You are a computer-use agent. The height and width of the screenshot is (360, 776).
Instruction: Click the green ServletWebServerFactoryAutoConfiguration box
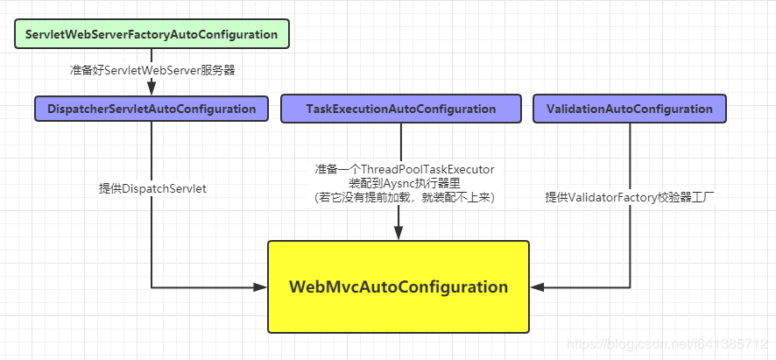(152, 34)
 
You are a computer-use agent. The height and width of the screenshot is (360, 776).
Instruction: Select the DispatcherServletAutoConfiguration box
(152, 109)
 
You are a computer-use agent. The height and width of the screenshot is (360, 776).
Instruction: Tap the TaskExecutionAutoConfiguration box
(401, 109)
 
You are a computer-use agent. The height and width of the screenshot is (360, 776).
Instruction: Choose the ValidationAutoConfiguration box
(629, 109)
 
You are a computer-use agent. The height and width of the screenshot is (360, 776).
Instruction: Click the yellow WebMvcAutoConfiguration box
(399, 286)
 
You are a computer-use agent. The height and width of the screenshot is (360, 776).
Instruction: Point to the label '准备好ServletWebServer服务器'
(152, 70)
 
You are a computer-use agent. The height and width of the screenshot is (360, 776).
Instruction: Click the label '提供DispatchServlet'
(152, 188)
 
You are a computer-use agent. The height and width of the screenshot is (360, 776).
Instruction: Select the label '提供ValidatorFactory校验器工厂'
(630, 197)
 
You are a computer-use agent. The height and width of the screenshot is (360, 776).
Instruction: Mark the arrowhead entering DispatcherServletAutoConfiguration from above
(152, 89)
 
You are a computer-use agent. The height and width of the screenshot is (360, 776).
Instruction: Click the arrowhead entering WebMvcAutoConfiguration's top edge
(399, 234)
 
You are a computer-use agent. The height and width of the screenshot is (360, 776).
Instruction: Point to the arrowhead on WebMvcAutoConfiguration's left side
(260, 286)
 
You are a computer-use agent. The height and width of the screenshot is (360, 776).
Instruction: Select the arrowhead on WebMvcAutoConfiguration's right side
(537, 286)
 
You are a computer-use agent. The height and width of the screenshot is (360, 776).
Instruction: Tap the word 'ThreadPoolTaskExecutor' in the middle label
(429, 168)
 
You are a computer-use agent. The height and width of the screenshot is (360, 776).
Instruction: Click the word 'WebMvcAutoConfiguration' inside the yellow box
(399, 286)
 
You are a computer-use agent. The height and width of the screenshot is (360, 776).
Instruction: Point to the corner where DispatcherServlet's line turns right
(152, 286)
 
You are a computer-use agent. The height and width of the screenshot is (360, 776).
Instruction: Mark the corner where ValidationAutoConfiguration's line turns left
(630, 286)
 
